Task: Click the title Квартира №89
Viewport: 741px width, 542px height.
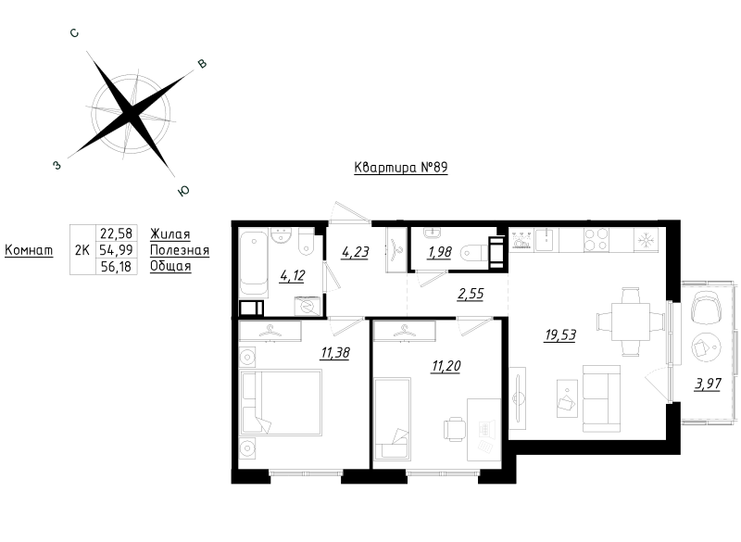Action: (x=401, y=169)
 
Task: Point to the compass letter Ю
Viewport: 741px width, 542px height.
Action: (x=183, y=191)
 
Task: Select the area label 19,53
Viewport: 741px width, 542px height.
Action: (x=559, y=335)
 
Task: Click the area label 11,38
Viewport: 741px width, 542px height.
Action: (x=335, y=352)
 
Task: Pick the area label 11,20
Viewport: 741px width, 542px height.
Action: (x=446, y=365)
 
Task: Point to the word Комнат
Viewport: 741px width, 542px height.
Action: (x=29, y=251)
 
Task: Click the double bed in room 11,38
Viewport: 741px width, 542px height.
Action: (x=280, y=402)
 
